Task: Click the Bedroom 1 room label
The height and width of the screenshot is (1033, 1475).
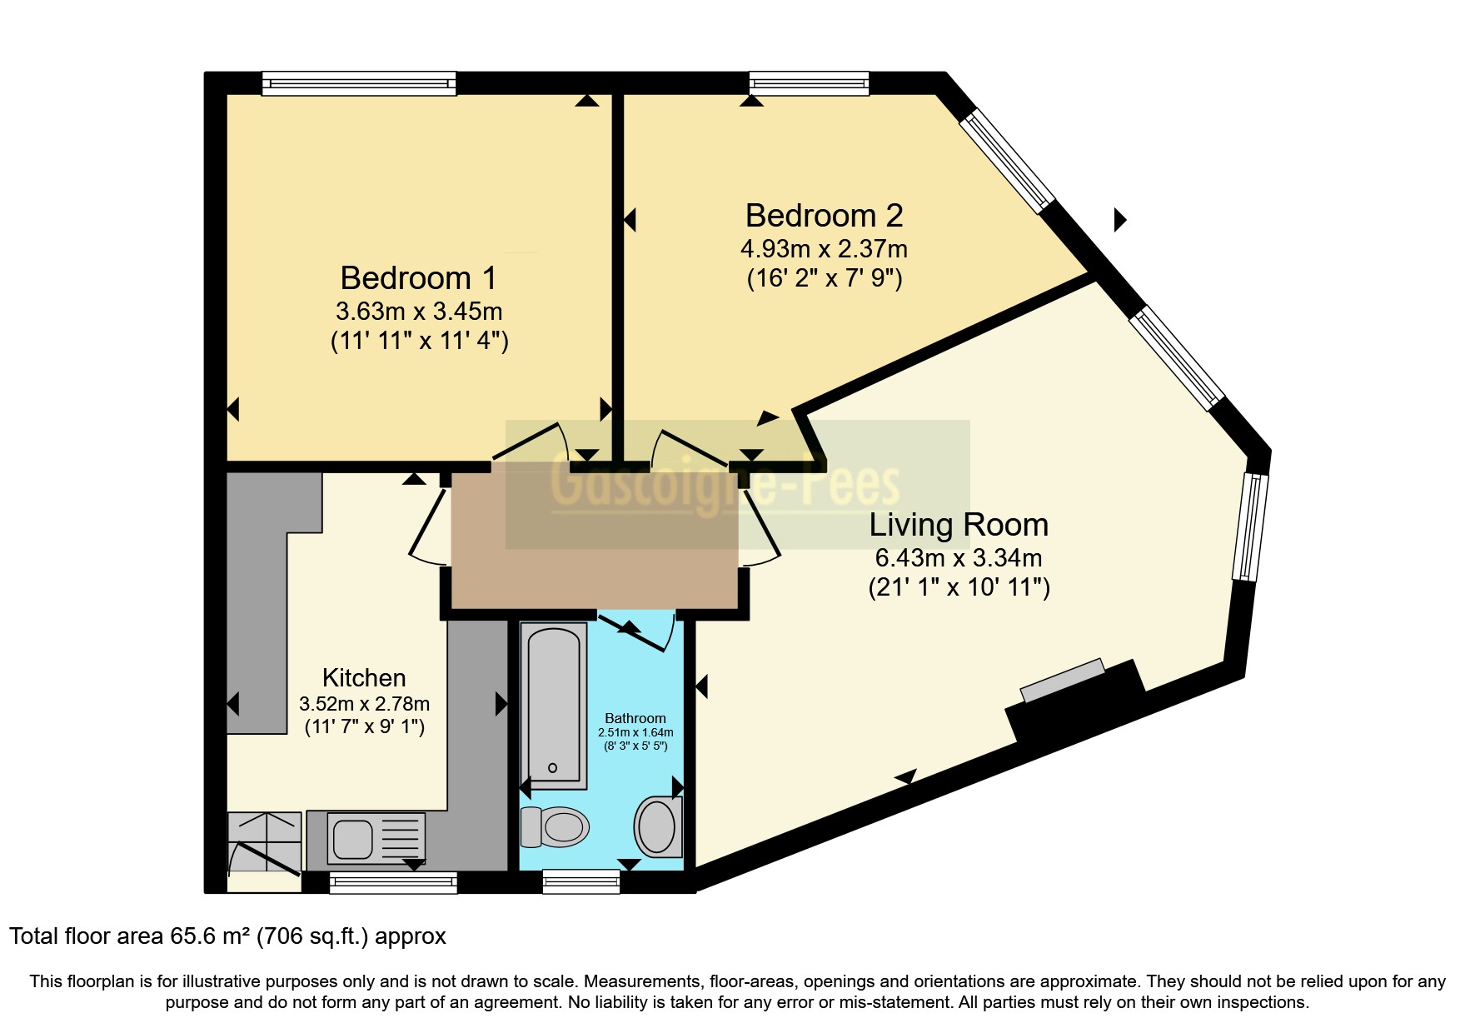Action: point(418,277)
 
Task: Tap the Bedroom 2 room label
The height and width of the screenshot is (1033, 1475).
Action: point(824,216)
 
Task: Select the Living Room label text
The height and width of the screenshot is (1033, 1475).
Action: point(959,525)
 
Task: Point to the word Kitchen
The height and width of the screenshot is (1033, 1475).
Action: point(364,677)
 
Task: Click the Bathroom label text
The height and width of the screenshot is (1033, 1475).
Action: point(635,718)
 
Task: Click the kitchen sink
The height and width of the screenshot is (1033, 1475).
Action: point(376,838)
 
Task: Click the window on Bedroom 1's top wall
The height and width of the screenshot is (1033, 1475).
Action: point(359,82)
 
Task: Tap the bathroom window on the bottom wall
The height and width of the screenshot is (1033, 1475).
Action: point(581,881)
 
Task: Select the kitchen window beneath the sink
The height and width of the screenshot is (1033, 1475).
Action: point(393,882)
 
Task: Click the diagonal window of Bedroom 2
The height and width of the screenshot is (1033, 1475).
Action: point(1007,162)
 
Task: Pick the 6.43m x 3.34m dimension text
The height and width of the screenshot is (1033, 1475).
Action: point(959,557)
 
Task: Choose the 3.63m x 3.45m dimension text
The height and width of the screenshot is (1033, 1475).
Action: point(419,312)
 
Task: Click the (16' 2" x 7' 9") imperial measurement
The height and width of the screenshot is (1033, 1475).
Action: point(825,277)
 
